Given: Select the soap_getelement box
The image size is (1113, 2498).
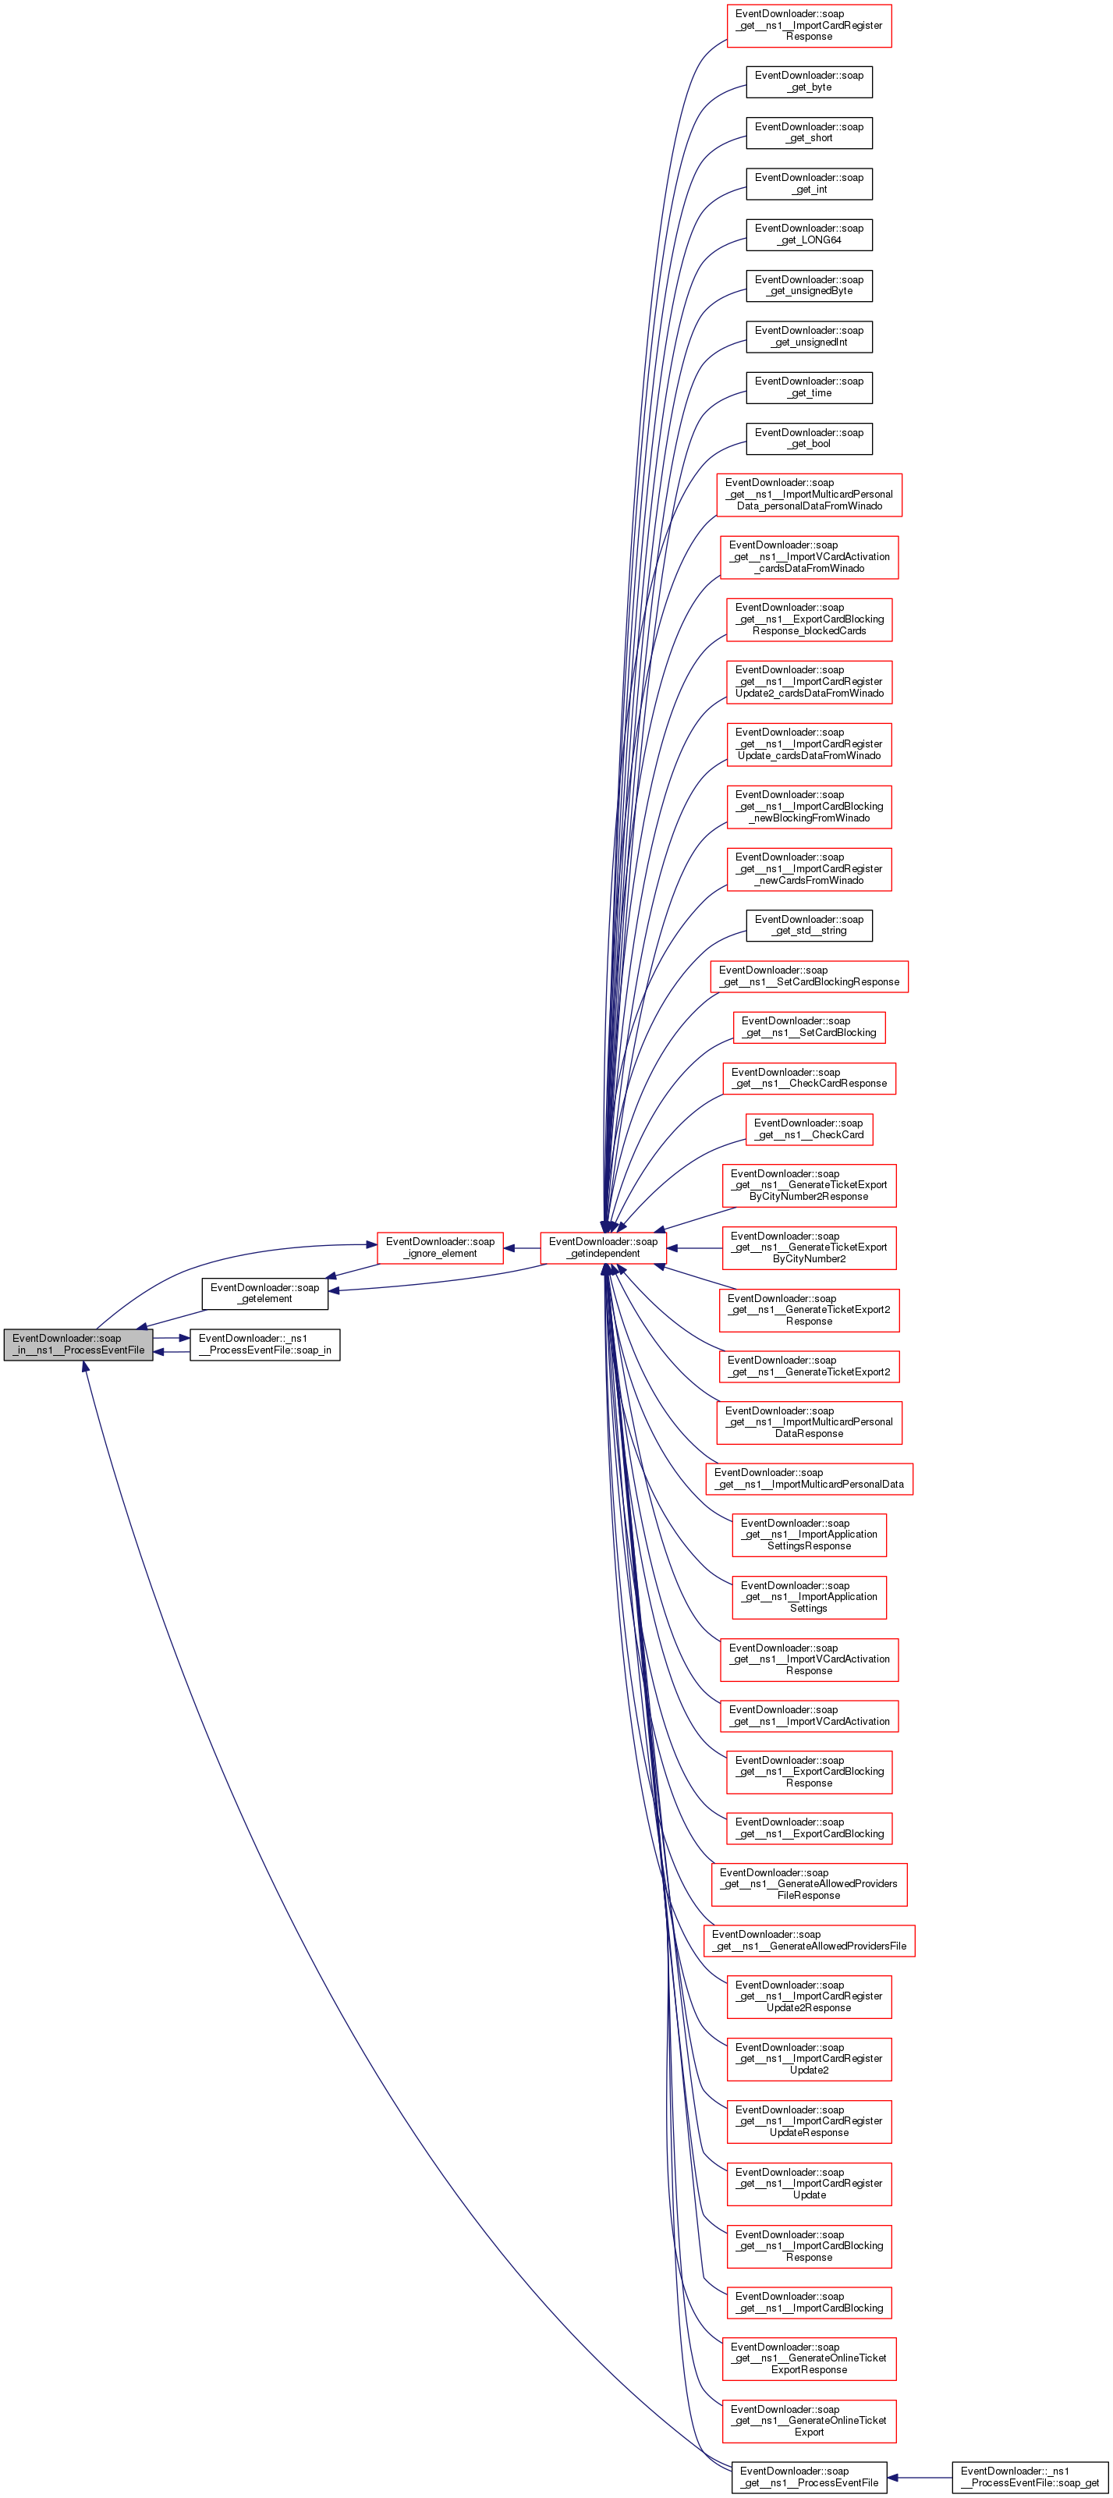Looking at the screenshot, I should click(x=264, y=1293).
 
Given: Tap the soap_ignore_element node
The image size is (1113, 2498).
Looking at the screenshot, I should click(x=440, y=1247).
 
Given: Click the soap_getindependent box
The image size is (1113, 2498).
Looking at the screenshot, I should click(x=603, y=1247).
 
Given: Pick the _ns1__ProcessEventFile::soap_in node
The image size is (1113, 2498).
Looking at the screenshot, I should click(x=264, y=1344).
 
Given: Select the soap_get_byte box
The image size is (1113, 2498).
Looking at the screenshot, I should click(x=809, y=81).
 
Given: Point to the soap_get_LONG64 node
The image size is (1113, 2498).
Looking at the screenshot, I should click(x=809, y=235).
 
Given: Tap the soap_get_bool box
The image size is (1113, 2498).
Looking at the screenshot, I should click(x=809, y=438).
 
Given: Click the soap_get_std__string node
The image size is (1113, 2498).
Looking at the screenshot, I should click(x=809, y=925).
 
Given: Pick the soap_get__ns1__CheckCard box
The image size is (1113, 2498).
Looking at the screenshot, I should click(x=809, y=1129).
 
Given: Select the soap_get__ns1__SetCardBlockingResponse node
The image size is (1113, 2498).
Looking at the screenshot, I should click(x=809, y=975).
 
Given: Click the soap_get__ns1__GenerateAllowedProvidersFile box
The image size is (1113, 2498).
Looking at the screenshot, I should click(x=809, y=1940).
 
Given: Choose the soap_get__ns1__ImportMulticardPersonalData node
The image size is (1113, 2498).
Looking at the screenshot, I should click(x=809, y=1478).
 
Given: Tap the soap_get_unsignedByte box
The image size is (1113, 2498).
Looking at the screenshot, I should click(x=809, y=285).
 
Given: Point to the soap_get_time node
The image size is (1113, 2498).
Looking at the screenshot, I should click(x=809, y=387).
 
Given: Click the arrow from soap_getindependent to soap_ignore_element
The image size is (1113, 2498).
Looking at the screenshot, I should click(x=522, y=1248).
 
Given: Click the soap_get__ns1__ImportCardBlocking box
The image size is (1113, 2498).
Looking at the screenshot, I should click(x=809, y=2302).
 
